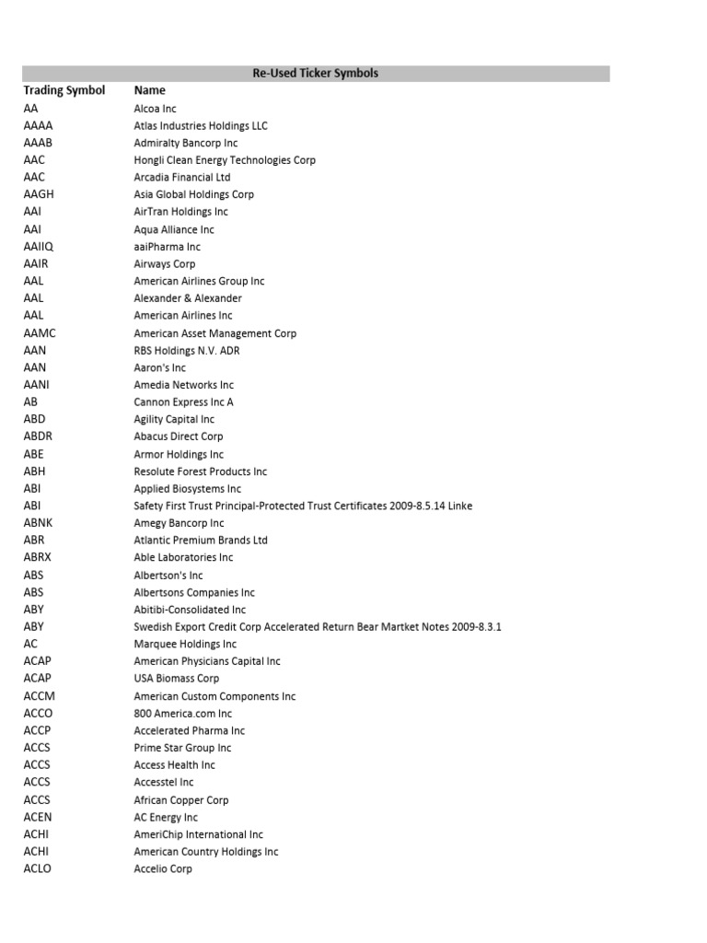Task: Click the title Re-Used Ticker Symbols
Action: click(316, 73)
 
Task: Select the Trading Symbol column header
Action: click(64, 90)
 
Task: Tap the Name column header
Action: click(149, 90)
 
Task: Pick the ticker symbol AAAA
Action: click(38, 125)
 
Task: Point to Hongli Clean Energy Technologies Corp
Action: click(225, 160)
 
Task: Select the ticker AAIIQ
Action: click(39, 247)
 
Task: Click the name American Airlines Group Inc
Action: click(199, 281)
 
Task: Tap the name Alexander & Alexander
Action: click(188, 298)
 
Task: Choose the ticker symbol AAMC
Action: click(40, 333)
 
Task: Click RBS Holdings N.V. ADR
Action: click(187, 351)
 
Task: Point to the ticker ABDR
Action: click(39, 437)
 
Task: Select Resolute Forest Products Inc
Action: click(201, 471)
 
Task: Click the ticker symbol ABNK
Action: click(39, 523)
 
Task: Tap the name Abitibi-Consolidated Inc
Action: click(190, 610)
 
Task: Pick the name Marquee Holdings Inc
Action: click(185, 644)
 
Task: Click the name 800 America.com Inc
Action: click(183, 714)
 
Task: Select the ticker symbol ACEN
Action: click(38, 817)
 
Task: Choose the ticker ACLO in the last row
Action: click(38, 868)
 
